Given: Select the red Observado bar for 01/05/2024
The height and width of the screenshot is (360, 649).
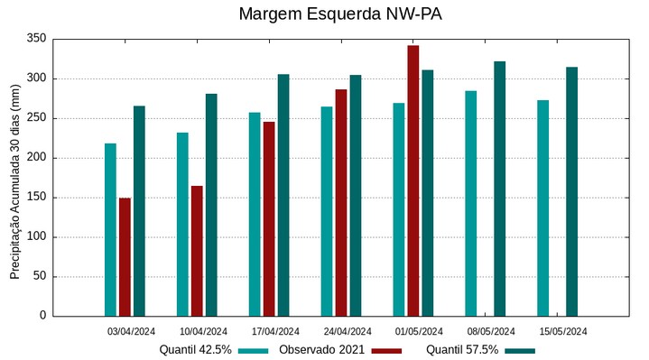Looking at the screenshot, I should point(413,180).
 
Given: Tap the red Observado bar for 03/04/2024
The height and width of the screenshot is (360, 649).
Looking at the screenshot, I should point(125,257).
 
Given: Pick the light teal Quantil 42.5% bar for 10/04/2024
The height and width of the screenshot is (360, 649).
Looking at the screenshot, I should point(182,225).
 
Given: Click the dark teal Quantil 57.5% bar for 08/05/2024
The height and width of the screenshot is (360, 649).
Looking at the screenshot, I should point(500,189).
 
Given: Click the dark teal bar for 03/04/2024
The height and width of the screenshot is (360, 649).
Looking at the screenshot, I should point(139,211).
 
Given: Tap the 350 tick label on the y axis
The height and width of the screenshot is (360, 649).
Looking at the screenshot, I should point(36,39).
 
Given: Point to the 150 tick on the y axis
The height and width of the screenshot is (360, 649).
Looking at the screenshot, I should point(36,198).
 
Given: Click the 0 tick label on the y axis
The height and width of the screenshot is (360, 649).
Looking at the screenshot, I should point(42,316).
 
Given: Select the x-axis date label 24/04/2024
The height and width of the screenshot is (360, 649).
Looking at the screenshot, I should point(348,331).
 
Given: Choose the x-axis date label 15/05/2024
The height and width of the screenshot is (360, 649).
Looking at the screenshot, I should point(563,331).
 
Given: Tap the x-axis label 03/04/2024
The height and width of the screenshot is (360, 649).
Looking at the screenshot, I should point(131,331).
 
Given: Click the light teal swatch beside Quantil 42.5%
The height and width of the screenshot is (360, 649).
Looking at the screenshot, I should point(254,350).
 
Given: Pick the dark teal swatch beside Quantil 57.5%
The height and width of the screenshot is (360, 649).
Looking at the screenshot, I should point(519,350).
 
